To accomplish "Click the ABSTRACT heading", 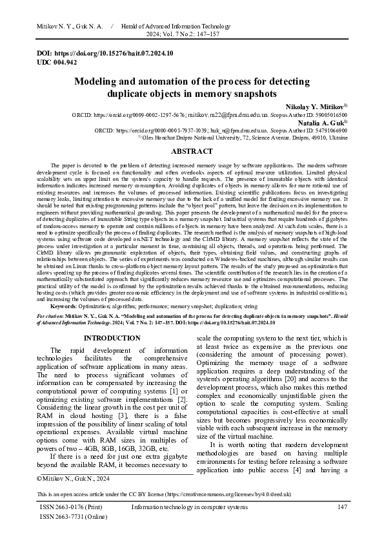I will point(192,151).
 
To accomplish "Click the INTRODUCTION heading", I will point(111,338).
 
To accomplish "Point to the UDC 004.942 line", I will point(56,62).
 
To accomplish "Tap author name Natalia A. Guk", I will point(321,121).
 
